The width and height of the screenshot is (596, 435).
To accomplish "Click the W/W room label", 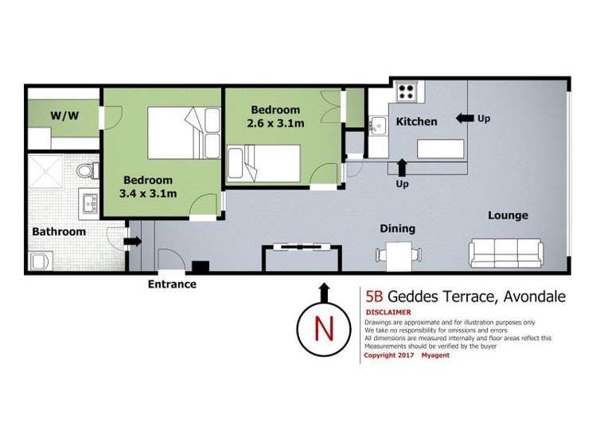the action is [64, 116].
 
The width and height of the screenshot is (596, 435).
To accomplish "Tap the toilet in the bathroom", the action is [88, 170].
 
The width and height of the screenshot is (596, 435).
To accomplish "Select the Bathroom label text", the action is [59, 231].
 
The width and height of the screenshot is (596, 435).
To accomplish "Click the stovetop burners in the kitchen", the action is [406, 92].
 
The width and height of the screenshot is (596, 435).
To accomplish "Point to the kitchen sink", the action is [377, 125].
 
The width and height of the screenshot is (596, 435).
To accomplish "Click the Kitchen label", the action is [417, 121].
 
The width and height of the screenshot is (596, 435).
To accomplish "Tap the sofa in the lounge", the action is [506, 253].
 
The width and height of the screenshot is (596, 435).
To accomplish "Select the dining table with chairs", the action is [399, 256].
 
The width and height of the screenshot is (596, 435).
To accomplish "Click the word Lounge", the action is [508, 215].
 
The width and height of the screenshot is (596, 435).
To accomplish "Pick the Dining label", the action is [398, 229].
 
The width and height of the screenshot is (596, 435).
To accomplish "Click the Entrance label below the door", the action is [172, 284].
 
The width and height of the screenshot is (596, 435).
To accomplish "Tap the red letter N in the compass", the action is [324, 329].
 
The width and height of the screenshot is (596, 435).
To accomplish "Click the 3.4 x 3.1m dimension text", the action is [148, 194].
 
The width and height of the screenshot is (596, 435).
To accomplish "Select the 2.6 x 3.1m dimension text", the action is [275, 123].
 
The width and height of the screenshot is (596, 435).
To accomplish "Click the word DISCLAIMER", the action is [388, 312].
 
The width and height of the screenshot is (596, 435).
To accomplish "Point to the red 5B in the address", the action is [374, 296].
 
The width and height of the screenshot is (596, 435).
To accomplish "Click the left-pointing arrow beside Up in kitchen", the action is [465, 119].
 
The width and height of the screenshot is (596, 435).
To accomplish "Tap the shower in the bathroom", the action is [45, 171].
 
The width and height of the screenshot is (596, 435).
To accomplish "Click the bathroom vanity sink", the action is [89, 204].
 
